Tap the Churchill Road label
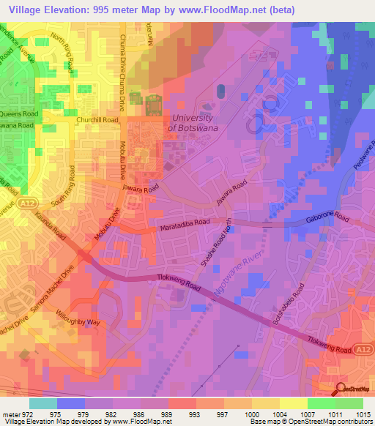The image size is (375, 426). [x=97, y=119]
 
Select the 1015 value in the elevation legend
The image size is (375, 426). [x=363, y=414]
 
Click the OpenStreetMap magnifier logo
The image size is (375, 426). [x=341, y=389]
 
